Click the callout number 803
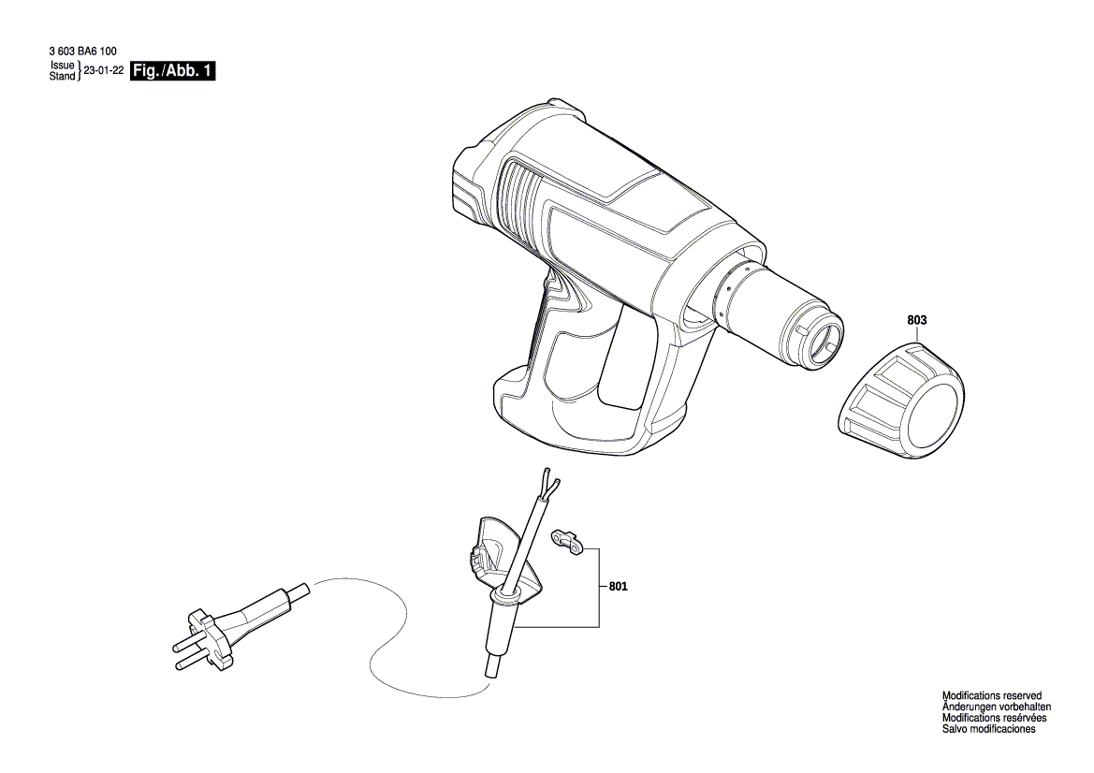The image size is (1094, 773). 917,320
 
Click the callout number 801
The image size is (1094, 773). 619,587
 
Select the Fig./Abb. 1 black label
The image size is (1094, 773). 174,70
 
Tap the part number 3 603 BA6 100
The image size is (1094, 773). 83,51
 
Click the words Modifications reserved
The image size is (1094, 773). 991,695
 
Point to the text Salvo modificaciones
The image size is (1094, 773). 988,729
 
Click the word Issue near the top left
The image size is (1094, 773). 63,65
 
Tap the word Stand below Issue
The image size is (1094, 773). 62,76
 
